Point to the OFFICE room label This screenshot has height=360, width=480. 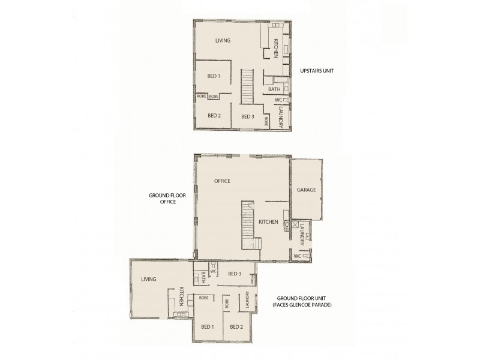(x=222, y=181)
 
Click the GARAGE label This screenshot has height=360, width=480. (x=306, y=190)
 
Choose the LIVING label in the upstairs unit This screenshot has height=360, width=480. (x=223, y=41)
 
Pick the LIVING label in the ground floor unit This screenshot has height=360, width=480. (x=148, y=279)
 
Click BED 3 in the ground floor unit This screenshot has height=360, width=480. (x=235, y=274)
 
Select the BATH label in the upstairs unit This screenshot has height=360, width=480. (x=274, y=89)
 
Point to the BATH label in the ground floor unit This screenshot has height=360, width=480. (x=204, y=277)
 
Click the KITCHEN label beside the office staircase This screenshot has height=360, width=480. (x=268, y=222)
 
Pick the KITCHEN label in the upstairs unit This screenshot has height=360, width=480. (x=276, y=48)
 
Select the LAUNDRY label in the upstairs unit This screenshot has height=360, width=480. (x=281, y=117)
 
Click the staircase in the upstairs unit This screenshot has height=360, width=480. (x=248, y=87)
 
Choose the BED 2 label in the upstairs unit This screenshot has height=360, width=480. (x=214, y=115)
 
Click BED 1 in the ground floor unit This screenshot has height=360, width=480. (x=208, y=327)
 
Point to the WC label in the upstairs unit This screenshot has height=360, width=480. (x=278, y=100)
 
